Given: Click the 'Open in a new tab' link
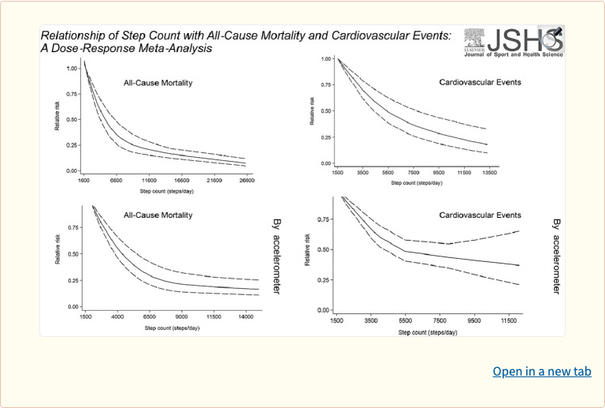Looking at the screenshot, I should point(541,371).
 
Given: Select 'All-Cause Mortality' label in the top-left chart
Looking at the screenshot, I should point(158,83).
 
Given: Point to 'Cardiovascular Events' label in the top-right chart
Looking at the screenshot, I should point(479,82).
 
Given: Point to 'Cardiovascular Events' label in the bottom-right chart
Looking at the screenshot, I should point(481,215).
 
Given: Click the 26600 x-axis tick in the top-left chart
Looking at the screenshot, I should point(247,180).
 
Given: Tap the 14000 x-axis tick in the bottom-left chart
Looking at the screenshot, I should point(247,316).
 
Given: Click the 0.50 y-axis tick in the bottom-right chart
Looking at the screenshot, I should point(323,249).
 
